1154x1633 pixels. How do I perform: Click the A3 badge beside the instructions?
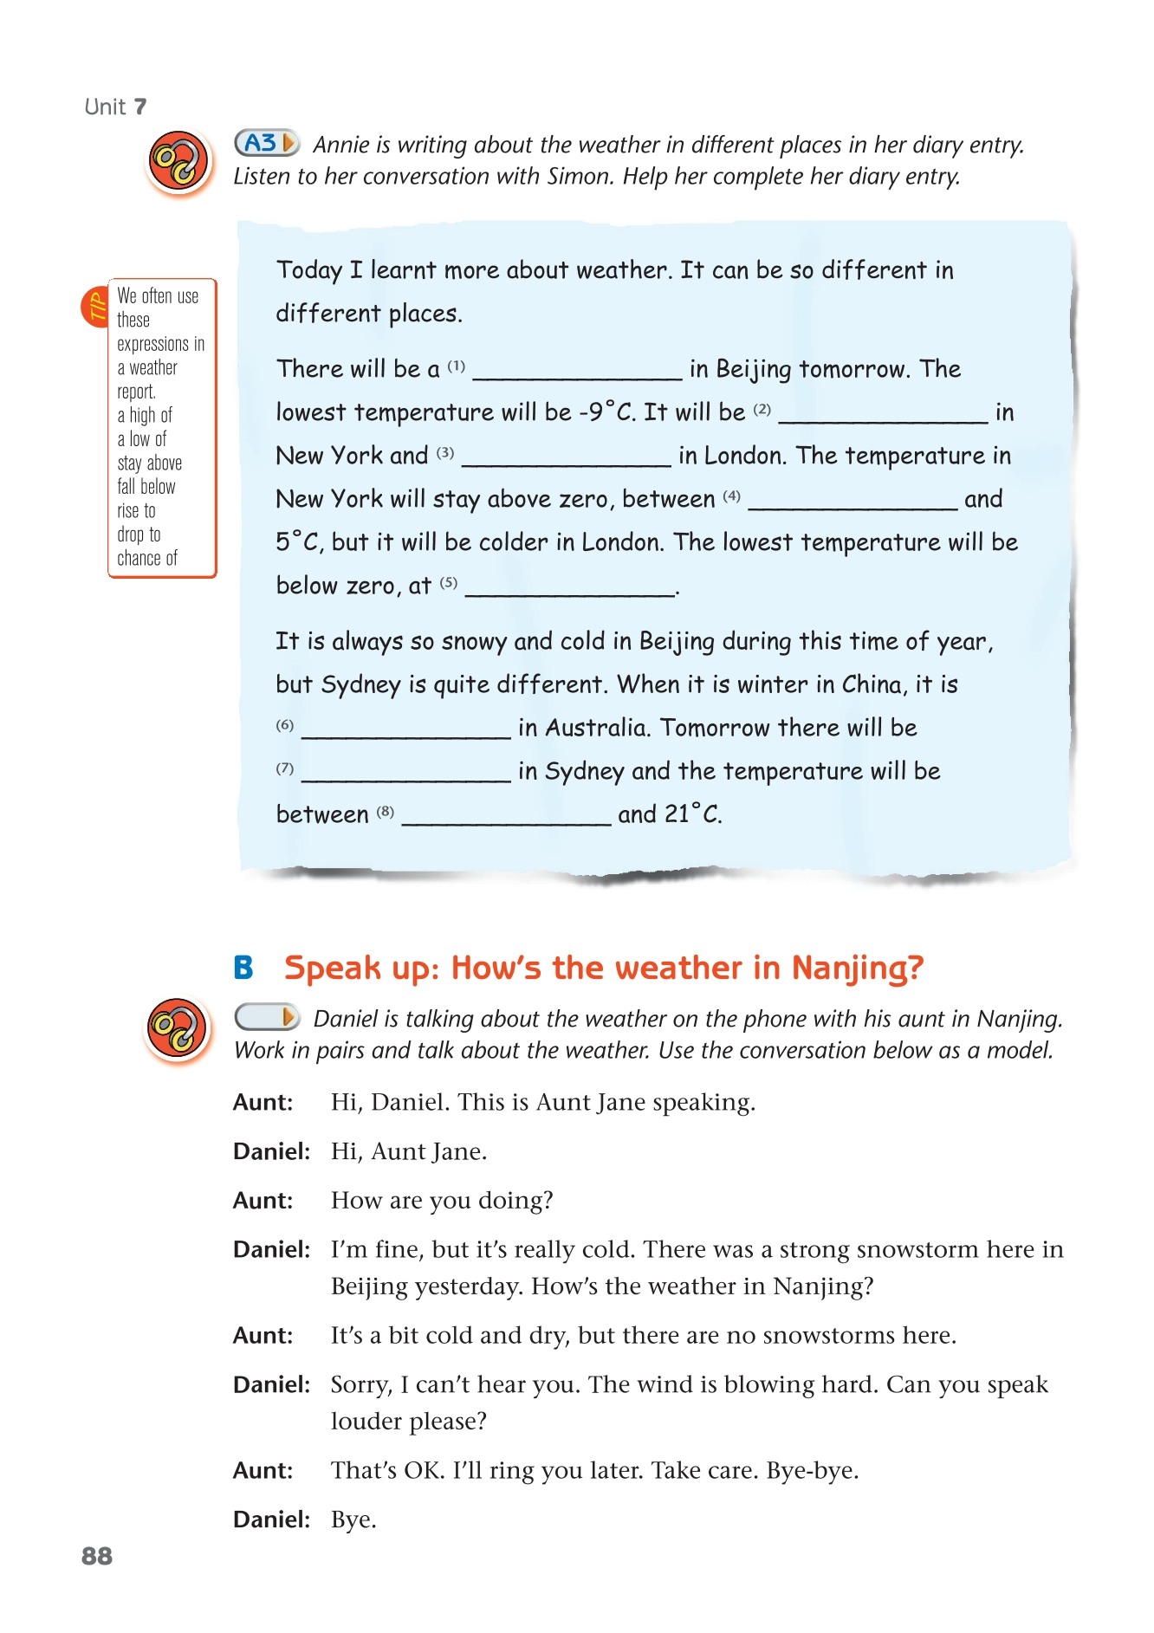click(267, 143)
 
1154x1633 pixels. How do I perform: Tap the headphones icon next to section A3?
click(179, 162)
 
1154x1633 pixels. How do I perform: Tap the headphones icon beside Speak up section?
click(178, 1029)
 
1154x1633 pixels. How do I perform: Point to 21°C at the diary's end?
click(692, 814)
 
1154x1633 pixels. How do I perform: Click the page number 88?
click(97, 1556)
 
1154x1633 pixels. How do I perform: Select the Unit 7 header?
click(115, 107)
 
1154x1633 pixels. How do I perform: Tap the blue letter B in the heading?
click(243, 968)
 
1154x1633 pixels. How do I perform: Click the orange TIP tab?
click(94, 307)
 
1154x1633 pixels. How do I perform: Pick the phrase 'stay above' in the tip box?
click(149, 463)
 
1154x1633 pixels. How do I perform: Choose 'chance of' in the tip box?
click(147, 559)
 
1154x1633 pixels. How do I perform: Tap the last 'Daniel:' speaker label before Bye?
click(271, 1520)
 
